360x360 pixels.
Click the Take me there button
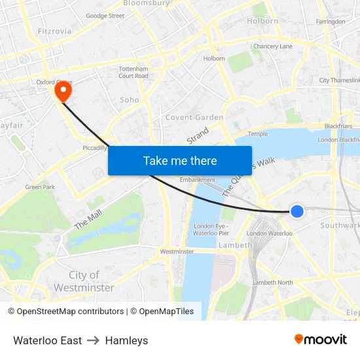[180, 160]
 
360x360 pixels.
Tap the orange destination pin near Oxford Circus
[63, 92]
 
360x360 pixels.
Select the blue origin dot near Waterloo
[297, 211]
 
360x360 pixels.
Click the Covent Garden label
[194, 118]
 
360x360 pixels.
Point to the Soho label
[130, 100]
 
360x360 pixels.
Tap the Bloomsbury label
[146, 3]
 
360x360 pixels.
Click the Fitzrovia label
[54, 30]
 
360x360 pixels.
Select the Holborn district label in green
[262, 21]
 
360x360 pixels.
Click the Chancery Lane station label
[273, 46]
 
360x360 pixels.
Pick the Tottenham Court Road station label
[134, 72]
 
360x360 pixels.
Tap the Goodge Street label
[105, 16]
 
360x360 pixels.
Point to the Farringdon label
[330, 22]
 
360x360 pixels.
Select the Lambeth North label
[273, 282]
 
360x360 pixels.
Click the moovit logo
[321, 340]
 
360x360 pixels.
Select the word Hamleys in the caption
[126, 340]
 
